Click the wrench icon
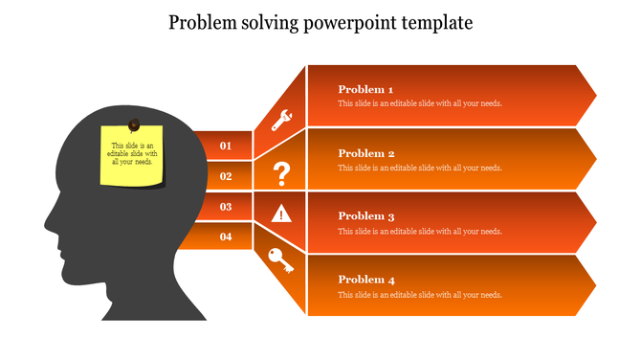point(282,120)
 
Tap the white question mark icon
point(281,175)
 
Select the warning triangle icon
point(281,214)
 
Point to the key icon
point(281,260)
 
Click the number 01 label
point(226,146)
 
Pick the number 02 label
point(226,176)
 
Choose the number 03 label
point(226,206)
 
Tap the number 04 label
point(226,236)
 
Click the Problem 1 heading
point(366,89)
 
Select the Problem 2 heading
point(366,153)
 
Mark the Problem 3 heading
point(366,216)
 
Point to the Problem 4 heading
point(366,280)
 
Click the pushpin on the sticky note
point(134,124)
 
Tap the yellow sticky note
point(132,156)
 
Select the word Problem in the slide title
point(204,22)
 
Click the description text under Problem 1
point(420,103)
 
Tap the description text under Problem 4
point(420,295)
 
